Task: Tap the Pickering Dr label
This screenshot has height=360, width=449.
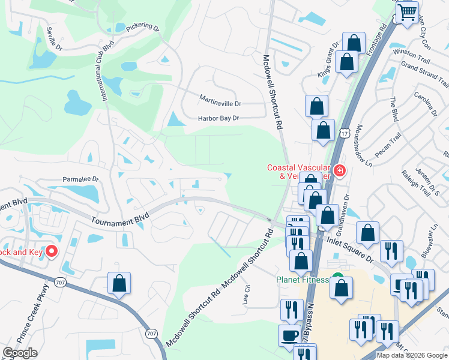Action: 143,28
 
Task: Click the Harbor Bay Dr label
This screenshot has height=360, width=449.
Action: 219,119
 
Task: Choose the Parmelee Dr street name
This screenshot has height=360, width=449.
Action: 81,179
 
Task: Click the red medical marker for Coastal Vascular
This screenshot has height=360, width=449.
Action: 340,171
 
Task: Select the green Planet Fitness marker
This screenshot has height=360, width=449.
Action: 338,279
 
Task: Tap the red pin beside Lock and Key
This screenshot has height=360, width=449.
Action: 52,252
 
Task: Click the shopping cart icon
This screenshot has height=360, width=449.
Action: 408,12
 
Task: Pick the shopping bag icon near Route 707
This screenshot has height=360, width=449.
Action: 119,283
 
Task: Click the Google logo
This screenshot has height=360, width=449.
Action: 20,353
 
